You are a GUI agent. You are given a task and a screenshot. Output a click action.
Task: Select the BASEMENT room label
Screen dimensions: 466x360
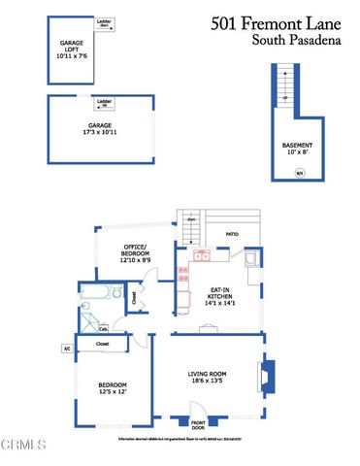[x=298, y=149]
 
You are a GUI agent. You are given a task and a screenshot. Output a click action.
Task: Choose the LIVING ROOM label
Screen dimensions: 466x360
[x=207, y=377]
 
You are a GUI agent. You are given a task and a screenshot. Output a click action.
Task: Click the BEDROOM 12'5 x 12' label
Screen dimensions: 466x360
[x=113, y=388]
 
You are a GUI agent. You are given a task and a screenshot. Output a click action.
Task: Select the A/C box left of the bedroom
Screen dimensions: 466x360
[x=68, y=348]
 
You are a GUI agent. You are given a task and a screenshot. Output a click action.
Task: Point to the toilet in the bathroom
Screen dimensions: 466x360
[x=116, y=294]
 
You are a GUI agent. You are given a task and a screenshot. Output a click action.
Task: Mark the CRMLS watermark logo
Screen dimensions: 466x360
[x=24, y=448]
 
